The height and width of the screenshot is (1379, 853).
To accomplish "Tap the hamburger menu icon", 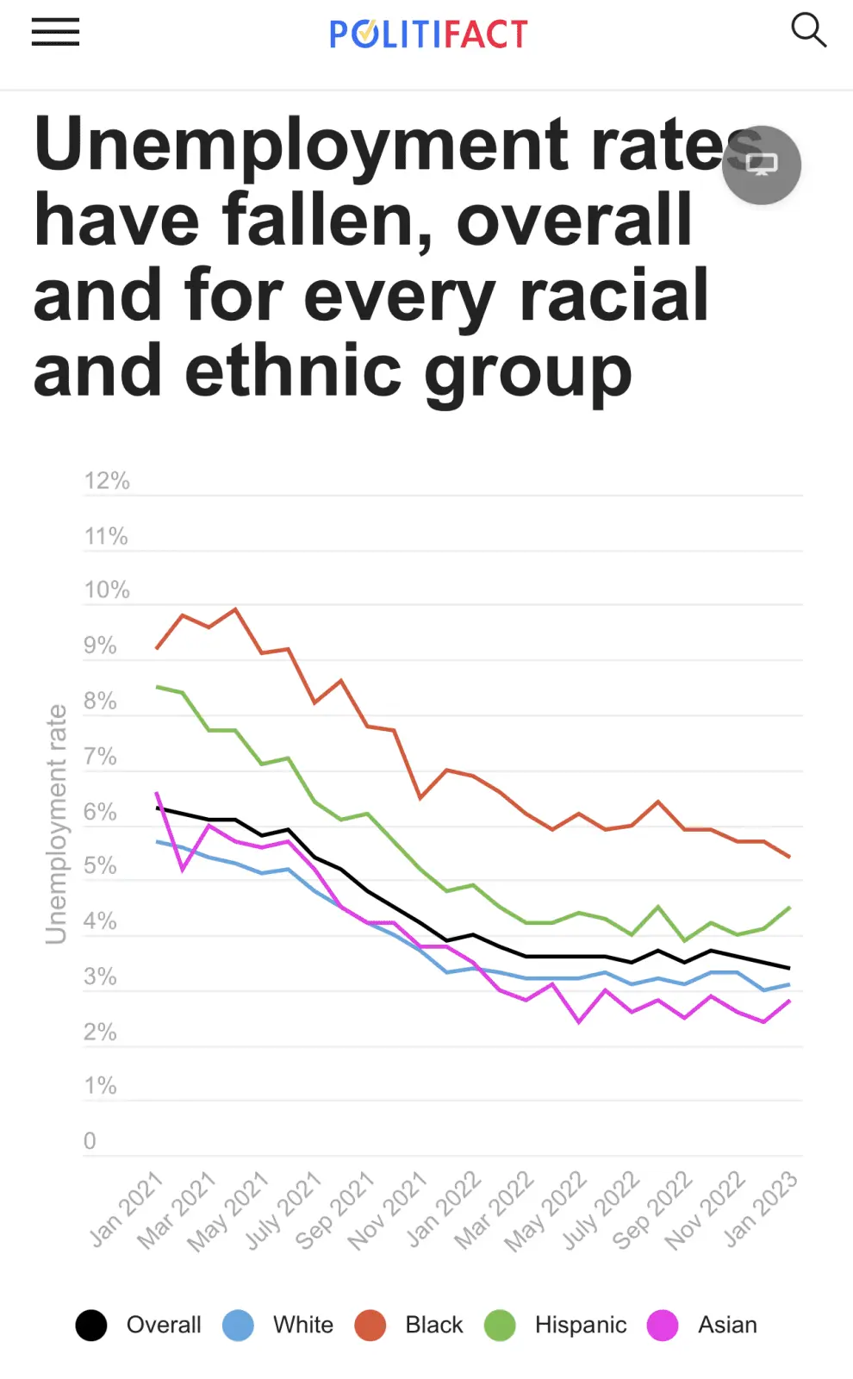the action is pyautogui.click(x=55, y=32).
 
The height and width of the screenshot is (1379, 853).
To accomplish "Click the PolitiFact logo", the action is pyautogui.click(x=428, y=34).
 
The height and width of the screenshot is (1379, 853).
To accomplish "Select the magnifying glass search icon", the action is pyautogui.click(x=808, y=30).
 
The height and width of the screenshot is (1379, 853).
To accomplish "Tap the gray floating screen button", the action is pyautogui.click(x=762, y=165).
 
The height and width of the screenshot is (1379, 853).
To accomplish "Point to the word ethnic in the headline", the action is pyautogui.click(x=293, y=371).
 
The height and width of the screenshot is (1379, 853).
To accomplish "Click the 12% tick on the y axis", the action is pyautogui.click(x=107, y=481).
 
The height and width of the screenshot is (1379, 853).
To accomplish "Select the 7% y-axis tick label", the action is pyautogui.click(x=100, y=756).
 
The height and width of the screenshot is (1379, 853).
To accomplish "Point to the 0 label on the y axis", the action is pyautogui.click(x=90, y=1141).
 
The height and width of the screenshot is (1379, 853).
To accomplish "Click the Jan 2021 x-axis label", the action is pyautogui.click(x=126, y=1210).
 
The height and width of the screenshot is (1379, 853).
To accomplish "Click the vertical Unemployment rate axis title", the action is pyautogui.click(x=56, y=824).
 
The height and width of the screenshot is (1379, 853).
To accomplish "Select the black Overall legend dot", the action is pyautogui.click(x=91, y=1325).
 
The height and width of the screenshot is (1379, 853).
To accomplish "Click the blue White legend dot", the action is pyautogui.click(x=238, y=1325).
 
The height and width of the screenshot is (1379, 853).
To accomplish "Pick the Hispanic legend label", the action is pyautogui.click(x=581, y=1325).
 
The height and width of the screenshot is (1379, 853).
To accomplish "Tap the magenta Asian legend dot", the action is pyautogui.click(x=663, y=1325).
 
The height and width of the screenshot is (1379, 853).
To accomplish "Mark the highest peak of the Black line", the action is pyautogui.click(x=236, y=608).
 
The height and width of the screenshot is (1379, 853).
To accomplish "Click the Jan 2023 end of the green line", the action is pyautogui.click(x=789, y=908).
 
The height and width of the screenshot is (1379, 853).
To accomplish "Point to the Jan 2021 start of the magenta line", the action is pyautogui.click(x=157, y=793).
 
